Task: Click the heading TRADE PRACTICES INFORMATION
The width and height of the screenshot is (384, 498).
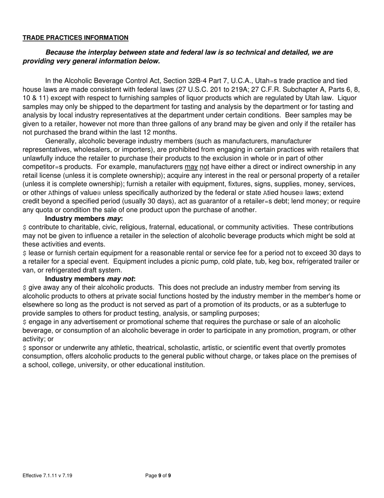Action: coord(76,38)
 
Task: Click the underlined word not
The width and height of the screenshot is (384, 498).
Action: coord(205,167)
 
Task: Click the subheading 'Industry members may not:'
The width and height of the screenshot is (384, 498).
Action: coord(90,279)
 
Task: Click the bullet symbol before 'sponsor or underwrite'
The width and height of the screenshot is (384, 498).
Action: coord(25,348)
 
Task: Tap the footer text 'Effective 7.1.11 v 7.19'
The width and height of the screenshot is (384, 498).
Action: coord(48,476)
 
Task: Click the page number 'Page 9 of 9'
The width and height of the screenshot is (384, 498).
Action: coord(158,476)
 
